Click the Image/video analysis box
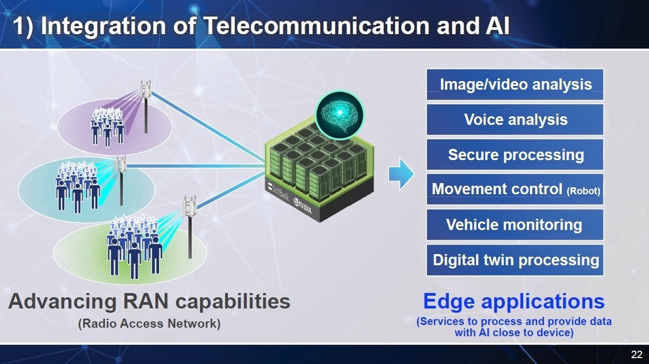[515, 84]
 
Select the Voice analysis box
[515, 120]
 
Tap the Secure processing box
[515, 155]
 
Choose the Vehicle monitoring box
[515, 224]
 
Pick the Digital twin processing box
[515, 260]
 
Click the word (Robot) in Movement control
[583, 191]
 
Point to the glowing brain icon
[340, 115]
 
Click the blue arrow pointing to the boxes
[401, 174]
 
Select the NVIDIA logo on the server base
[303, 206]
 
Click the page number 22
[637, 354]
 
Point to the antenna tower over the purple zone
[145, 107]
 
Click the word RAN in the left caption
[145, 301]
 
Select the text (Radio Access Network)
[149, 324]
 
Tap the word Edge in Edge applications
[449, 302]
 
